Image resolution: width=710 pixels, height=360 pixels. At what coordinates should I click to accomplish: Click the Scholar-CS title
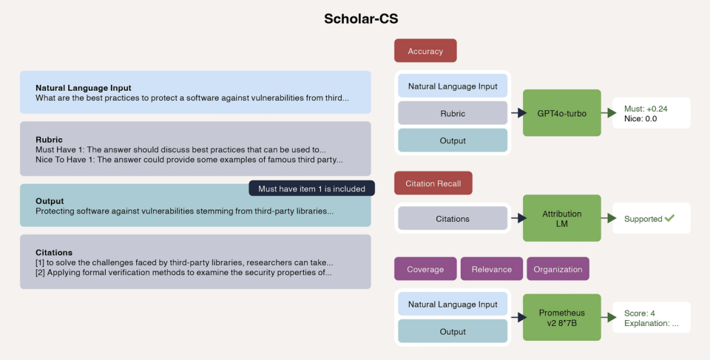(x=361, y=18)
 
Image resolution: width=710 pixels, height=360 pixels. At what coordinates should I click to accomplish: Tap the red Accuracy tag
(x=425, y=51)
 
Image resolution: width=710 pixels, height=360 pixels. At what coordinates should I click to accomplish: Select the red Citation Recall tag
(x=433, y=183)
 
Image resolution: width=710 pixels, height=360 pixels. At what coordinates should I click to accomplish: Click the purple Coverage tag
(x=425, y=269)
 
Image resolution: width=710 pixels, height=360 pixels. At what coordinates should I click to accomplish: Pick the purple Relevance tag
(x=491, y=269)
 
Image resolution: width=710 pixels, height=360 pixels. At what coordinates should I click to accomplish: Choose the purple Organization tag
(x=558, y=269)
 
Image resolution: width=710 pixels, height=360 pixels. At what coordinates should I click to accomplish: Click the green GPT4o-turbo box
(x=562, y=113)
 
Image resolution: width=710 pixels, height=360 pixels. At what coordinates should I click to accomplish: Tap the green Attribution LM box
(x=562, y=218)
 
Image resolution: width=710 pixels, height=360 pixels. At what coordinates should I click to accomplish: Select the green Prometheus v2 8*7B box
(x=562, y=317)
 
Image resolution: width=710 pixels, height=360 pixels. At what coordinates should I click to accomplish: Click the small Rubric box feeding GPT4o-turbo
(x=453, y=113)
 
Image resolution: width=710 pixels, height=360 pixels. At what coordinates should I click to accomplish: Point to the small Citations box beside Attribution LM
(x=453, y=219)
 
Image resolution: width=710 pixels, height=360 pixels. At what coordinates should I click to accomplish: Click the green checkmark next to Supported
(x=669, y=218)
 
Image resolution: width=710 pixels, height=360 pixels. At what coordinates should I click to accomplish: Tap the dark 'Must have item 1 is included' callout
(x=311, y=189)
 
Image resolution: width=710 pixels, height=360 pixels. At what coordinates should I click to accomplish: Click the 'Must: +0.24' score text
(x=646, y=109)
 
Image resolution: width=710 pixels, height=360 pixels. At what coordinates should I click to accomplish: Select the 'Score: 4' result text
(x=639, y=313)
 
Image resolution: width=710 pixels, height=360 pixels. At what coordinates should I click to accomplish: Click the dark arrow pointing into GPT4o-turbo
(x=519, y=113)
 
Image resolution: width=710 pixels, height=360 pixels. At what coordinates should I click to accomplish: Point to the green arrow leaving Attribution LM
(x=609, y=218)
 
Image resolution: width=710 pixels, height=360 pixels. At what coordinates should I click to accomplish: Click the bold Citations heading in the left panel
(x=54, y=252)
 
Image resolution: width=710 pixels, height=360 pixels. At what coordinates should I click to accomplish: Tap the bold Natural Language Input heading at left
(x=84, y=88)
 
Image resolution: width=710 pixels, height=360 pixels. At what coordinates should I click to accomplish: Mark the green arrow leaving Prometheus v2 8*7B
(x=609, y=317)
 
